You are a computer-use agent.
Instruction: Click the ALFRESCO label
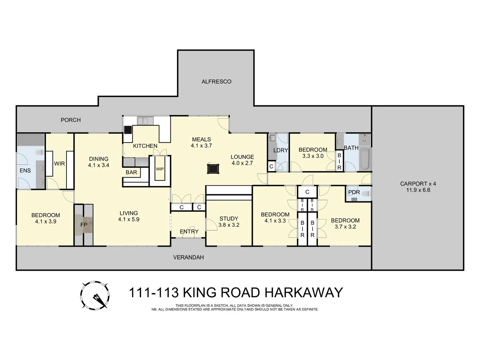216,82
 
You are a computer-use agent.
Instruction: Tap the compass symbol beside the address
95,295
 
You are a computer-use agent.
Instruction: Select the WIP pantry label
160,169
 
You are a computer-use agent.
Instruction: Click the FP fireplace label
84,225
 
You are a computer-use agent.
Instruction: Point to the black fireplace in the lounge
213,168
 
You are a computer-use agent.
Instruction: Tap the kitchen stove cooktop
128,129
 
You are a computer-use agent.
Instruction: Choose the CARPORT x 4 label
418,184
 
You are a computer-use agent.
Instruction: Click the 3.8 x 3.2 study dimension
229,225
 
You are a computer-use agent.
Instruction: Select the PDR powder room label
354,192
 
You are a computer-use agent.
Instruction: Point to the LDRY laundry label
280,150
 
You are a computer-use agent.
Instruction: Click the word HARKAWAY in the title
304,293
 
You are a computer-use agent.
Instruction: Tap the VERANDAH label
188,257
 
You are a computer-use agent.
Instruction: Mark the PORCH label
71,120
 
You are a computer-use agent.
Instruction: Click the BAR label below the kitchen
131,172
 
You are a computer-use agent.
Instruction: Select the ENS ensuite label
25,171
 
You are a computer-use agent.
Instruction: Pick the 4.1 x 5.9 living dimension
129,220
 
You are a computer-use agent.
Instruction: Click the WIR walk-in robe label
59,164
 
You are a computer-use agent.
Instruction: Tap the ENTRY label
189,231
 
